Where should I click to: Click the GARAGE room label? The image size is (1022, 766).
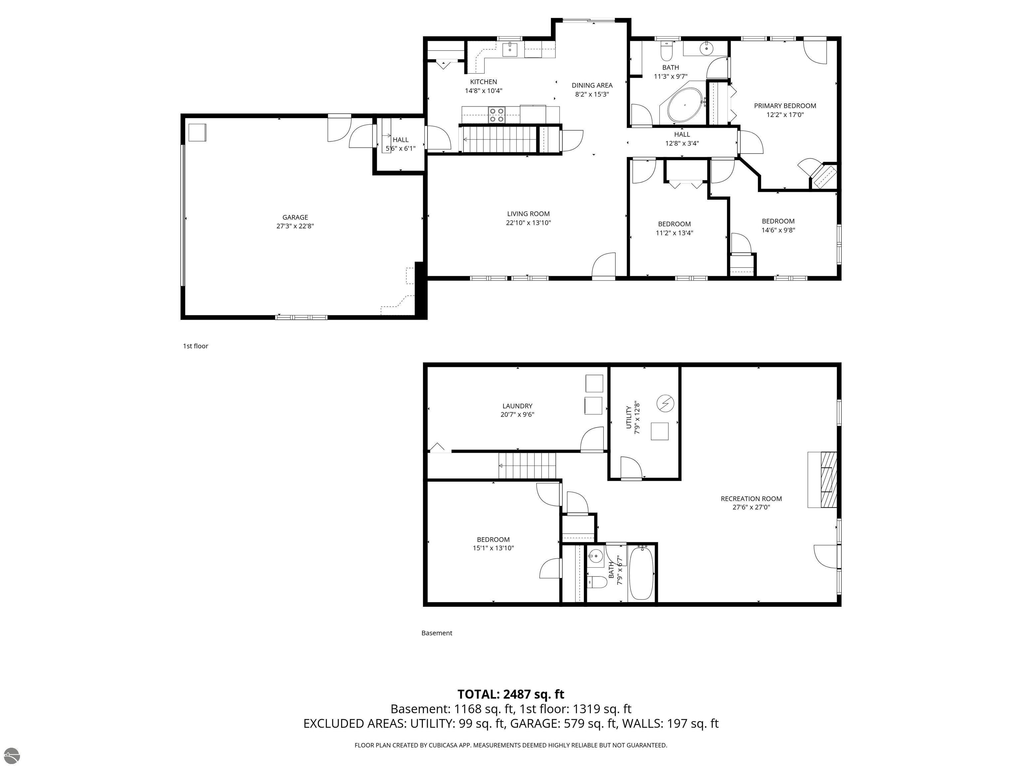(x=295, y=217)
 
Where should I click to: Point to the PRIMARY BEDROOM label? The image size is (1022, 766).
(x=785, y=106)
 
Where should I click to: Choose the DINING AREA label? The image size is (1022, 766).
(x=592, y=85)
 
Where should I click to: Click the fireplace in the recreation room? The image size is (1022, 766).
(x=822, y=480)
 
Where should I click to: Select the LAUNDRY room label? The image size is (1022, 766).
(x=517, y=406)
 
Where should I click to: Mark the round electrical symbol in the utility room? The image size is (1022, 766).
(x=665, y=404)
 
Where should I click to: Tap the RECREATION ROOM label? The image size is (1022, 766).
(x=751, y=499)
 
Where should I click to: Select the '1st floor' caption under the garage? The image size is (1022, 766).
(x=195, y=346)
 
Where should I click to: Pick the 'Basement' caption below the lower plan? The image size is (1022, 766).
(x=436, y=633)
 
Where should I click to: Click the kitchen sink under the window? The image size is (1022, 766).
(x=510, y=49)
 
